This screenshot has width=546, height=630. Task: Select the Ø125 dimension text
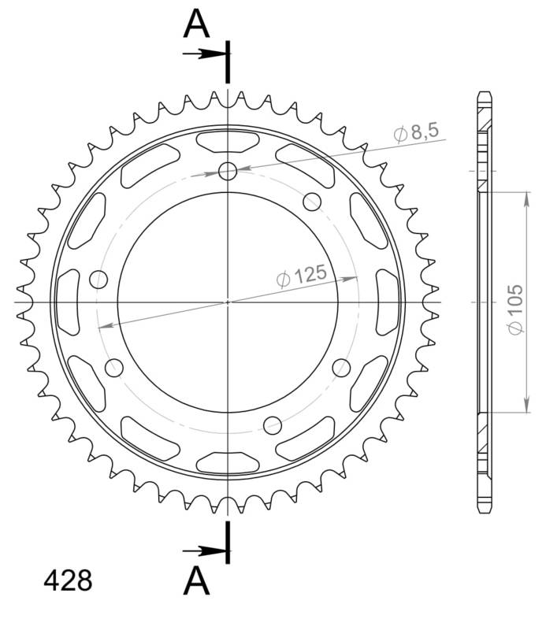(301, 276)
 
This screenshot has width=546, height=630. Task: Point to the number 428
(68, 581)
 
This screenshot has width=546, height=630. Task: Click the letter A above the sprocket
(197, 24)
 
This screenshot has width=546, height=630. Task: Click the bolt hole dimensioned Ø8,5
(228, 171)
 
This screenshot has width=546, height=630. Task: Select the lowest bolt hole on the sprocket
(273, 425)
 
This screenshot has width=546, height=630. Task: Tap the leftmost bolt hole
(99, 278)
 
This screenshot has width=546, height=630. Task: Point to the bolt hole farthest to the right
(341, 367)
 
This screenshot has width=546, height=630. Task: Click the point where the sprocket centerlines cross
(228, 302)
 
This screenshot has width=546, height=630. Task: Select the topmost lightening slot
(228, 143)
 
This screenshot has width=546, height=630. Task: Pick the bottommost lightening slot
(228, 461)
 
